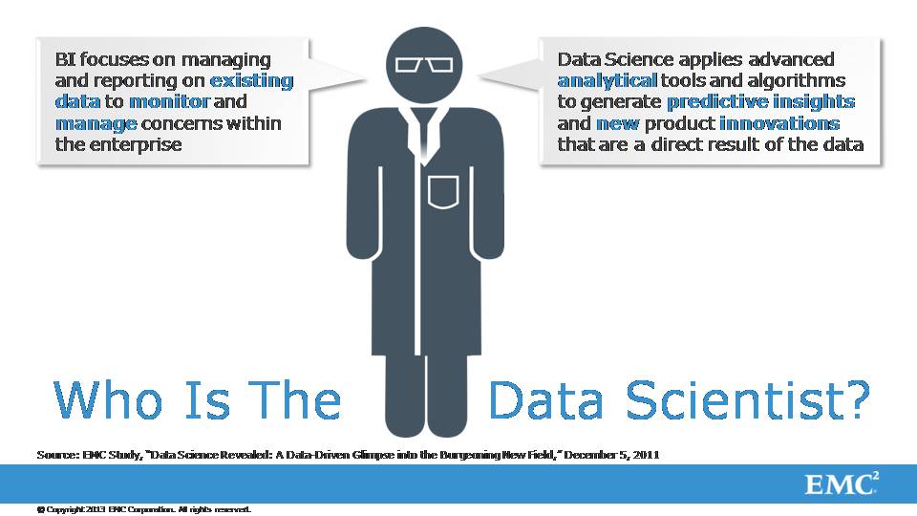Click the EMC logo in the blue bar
click(x=841, y=484)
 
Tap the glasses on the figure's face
click(x=424, y=64)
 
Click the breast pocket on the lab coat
click(x=442, y=192)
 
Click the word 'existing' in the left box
click(x=251, y=80)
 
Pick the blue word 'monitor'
click(x=169, y=102)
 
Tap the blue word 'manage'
click(x=96, y=124)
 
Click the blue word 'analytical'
click(x=608, y=80)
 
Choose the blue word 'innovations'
click(x=779, y=123)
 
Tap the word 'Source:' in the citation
click(x=57, y=455)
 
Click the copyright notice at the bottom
click(x=144, y=509)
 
